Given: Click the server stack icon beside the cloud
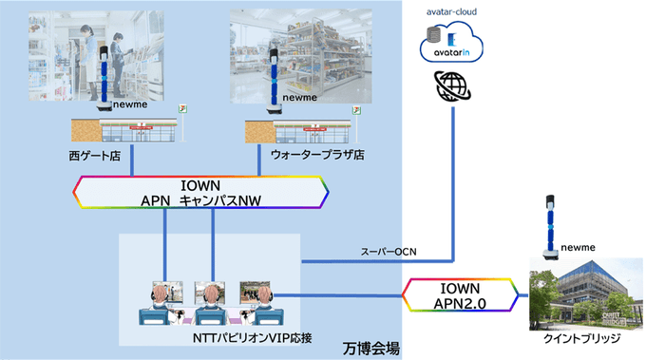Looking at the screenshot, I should click(x=433, y=40).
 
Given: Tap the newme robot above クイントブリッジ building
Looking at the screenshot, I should click(x=548, y=228).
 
